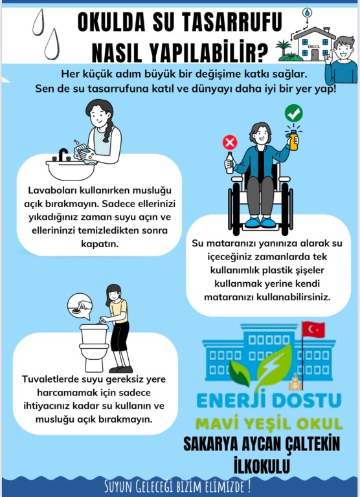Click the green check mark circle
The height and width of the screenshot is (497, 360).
point(293,113)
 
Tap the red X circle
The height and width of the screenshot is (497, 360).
point(230,142)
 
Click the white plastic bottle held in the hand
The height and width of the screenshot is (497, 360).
point(230,163)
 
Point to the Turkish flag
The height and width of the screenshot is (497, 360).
point(313,329)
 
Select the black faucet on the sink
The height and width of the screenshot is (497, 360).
point(63,155)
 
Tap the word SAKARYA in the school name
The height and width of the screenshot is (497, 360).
point(210,444)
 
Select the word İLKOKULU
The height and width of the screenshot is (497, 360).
point(262,465)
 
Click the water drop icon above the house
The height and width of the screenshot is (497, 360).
point(307,13)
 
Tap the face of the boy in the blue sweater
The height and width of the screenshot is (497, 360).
point(343,49)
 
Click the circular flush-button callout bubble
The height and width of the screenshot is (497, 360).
point(80,306)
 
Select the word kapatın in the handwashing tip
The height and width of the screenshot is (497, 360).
point(100,244)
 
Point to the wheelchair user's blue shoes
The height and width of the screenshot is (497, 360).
point(260,222)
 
